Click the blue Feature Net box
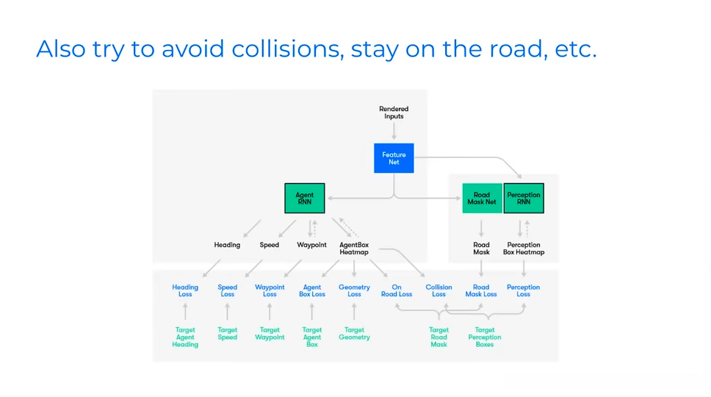pos(394,158)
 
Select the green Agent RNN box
pos(304,198)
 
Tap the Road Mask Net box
pos(482,198)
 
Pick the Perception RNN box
pos(524,198)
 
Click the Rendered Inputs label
pos(394,112)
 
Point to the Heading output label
pos(227,245)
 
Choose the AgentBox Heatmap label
pos(354,248)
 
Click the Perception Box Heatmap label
pos(524,248)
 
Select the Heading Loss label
pos(185,290)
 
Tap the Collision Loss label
pos(438,290)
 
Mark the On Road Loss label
pos(397,290)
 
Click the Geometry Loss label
pos(354,290)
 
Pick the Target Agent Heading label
pos(185,337)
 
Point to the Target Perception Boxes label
pos(485,337)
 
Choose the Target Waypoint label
pos(270,334)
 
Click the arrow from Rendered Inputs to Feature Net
pos(394,131)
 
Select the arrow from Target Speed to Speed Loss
pos(228,312)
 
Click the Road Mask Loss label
pos(481,290)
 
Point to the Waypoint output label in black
pos(311,245)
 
